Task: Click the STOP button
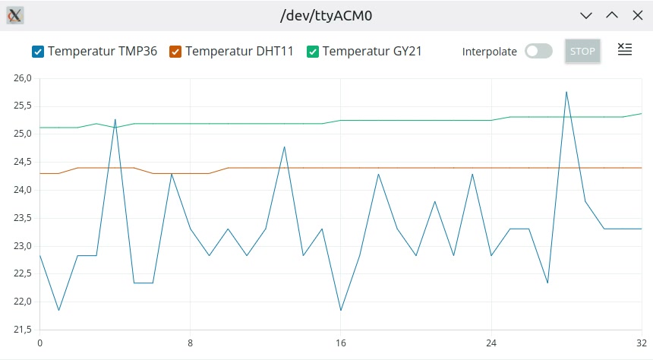point(582,52)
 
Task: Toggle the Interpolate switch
point(538,52)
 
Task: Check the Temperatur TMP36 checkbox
point(38,52)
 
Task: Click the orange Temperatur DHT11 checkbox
point(175,52)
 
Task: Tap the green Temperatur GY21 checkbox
point(313,52)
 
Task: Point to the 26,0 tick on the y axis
point(22,78)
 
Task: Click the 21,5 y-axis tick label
point(22,330)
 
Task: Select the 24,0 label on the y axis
point(22,190)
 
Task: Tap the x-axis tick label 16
point(341,342)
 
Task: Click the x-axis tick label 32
point(642,342)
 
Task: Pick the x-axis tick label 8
point(190,342)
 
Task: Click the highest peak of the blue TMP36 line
point(566,92)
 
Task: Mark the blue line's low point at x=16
point(341,310)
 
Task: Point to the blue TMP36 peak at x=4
point(115,119)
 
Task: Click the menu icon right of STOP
point(624,50)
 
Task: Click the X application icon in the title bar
point(15,14)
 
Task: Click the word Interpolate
point(489,52)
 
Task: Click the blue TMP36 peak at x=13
point(284,147)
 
